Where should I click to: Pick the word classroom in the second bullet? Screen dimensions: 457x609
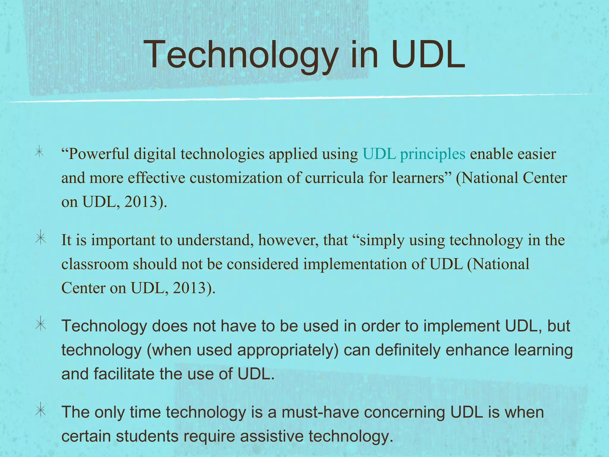(95, 264)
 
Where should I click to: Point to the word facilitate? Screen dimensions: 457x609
(124, 374)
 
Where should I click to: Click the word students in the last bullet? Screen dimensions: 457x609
(147, 436)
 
